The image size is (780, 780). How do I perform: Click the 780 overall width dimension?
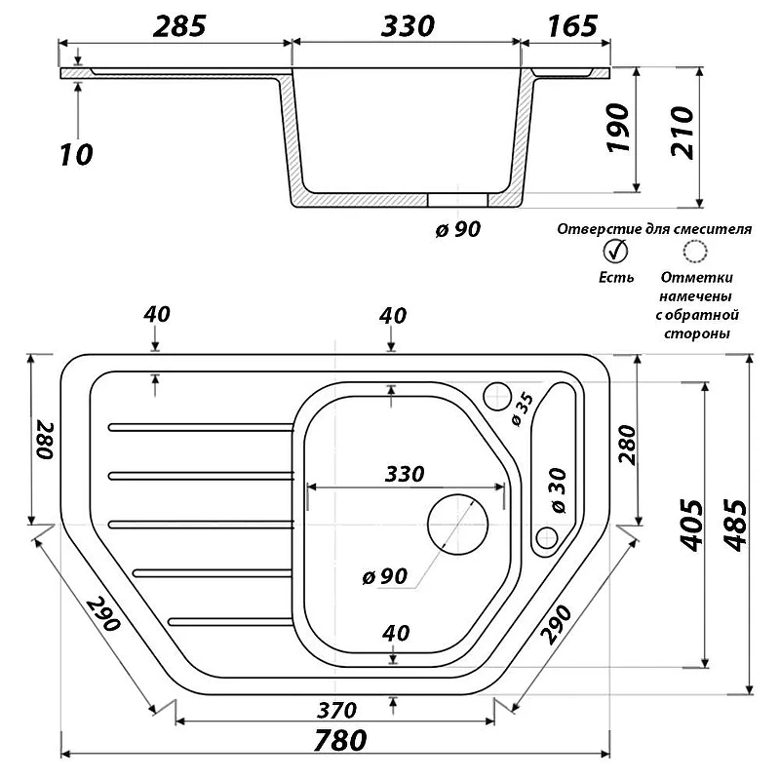pos(340,740)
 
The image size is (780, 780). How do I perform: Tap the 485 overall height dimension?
pos(735,526)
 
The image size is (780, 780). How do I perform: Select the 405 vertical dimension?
pos(692,526)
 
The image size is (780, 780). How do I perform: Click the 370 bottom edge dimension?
pos(336,710)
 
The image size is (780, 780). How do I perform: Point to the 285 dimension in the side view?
pos(179,26)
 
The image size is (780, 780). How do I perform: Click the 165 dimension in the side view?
pos(571,26)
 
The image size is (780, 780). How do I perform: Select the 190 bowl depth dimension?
pos(618,128)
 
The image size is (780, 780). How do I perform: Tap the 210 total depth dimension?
pos(682,133)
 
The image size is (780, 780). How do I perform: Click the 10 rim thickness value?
pos(76,155)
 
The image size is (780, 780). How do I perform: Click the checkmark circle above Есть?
pos(616,252)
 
